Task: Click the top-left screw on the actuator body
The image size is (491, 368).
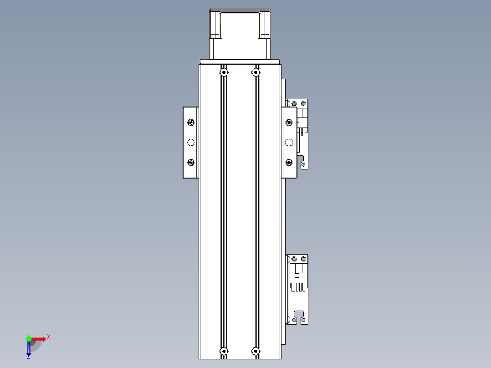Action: (x=224, y=72)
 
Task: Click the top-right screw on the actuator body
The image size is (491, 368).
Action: (x=256, y=72)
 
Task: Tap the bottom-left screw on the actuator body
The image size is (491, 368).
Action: (x=224, y=351)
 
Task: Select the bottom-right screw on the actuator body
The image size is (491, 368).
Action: (x=256, y=351)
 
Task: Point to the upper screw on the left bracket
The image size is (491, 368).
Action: (x=191, y=123)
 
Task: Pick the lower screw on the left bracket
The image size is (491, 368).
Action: (x=191, y=162)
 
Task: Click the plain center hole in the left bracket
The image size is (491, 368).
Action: (x=191, y=143)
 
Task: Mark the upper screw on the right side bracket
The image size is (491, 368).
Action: (x=289, y=123)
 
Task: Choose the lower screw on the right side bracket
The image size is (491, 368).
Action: (x=289, y=162)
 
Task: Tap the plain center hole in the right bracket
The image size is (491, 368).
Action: (x=289, y=143)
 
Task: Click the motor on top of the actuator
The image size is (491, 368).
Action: (x=240, y=34)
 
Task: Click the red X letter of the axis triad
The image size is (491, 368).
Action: (x=49, y=337)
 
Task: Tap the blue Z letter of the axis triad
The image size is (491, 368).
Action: (x=28, y=357)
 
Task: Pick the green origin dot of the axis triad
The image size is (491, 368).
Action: (x=29, y=338)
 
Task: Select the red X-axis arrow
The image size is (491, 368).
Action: (x=39, y=338)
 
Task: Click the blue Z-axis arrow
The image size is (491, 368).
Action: (x=29, y=348)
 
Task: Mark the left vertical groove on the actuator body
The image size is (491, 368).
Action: (x=224, y=210)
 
